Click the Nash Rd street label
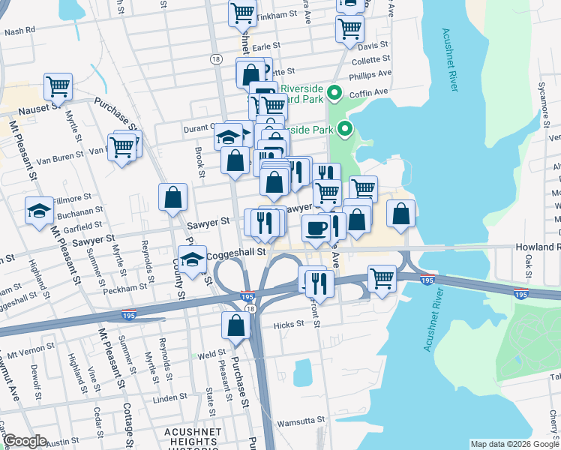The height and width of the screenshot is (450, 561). tap(19, 31)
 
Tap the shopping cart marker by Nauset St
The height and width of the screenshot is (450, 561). tap(58, 86)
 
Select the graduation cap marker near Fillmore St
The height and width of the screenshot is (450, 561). tap(39, 211)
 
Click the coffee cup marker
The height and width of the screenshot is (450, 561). tap(316, 229)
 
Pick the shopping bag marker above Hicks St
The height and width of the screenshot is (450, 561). tap(235, 325)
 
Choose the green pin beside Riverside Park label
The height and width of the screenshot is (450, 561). tap(345, 129)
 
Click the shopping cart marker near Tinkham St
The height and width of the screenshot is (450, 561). tap(242, 12)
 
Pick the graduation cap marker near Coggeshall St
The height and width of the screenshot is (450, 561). tap(192, 259)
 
